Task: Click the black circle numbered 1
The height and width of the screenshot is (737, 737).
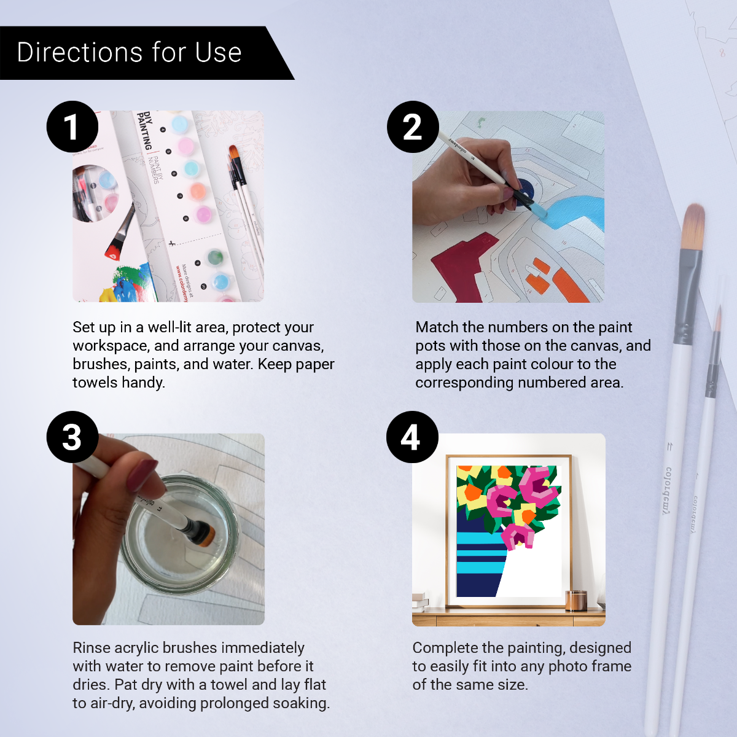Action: [x=72, y=127]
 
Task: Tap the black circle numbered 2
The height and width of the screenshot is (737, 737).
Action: [x=413, y=127]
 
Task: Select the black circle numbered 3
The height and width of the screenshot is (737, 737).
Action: [x=72, y=437]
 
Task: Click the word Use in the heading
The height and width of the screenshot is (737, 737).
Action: [x=218, y=53]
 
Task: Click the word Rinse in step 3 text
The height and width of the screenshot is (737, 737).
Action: [x=92, y=648]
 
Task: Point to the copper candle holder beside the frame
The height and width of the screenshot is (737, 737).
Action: [x=575, y=600]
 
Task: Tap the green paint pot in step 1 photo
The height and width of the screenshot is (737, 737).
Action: [x=214, y=257]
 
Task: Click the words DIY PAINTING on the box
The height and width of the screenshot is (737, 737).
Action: [x=145, y=130]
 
